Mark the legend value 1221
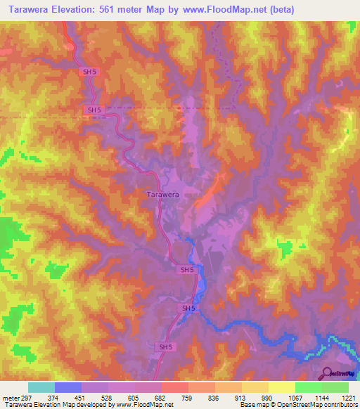click(349, 396)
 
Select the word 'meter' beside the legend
click(11, 396)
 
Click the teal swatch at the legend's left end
click(41, 387)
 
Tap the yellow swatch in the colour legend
click(281, 387)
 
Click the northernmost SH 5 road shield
click(87, 72)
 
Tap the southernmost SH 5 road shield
click(164, 347)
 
